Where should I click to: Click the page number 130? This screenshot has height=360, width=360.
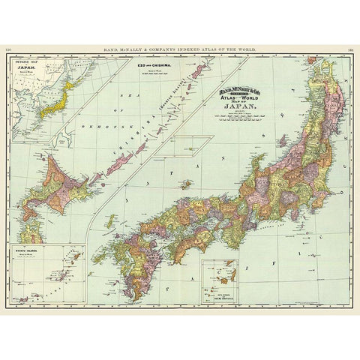coord(9,49)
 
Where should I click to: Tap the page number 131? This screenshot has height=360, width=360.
coord(350,49)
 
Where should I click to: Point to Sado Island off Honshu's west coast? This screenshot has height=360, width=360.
coord(283,141)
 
